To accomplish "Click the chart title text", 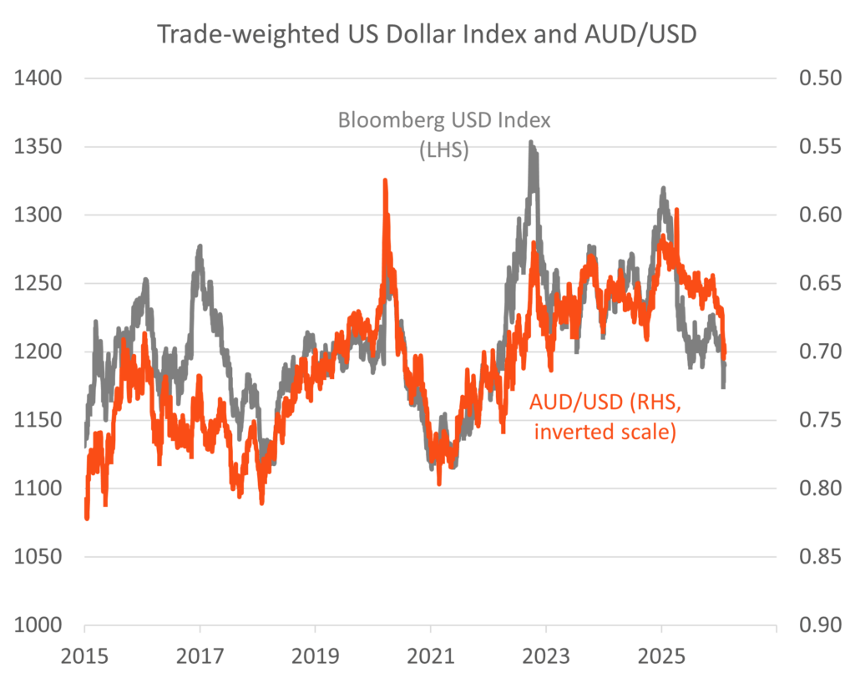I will pos(427,36).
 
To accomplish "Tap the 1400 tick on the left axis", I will pos(38,78).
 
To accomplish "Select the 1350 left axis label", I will pos(38,147).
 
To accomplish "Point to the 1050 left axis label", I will pos(38,556).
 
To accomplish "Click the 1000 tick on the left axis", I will pos(38,625).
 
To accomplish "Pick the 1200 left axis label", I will pos(38,352).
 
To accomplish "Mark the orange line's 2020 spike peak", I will pos(385,180).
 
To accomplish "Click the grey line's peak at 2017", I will pos(200,247).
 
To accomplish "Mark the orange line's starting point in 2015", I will pos(87,517).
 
